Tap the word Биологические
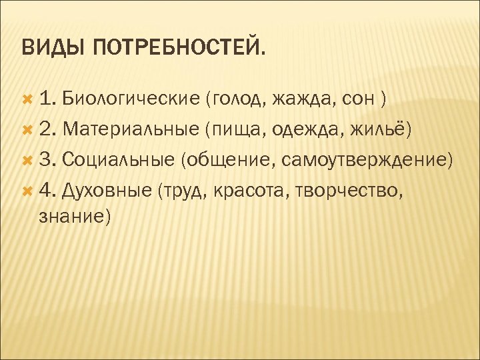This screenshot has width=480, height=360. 131,99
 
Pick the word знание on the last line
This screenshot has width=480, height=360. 72,217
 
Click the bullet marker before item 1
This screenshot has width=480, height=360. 28,99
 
